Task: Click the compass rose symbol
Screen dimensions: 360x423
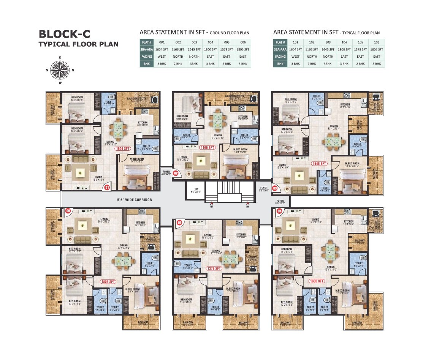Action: [x=60, y=70]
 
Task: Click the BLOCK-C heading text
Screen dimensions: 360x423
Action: [x=65, y=34]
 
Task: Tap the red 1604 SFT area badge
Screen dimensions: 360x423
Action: [x=123, y=149]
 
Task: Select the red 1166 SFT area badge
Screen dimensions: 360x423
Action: [x=208, y=147]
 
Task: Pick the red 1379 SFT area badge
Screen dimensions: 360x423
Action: [x=214, y=268]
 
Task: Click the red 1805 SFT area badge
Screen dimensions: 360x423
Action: [x=108, y=282]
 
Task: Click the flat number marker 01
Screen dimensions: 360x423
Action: [x=107, y=187]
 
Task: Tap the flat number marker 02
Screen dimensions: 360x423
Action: [x=176, y=173]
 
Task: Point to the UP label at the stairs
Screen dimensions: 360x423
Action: [x=212, y=207]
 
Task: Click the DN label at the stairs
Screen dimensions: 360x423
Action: [x=248, y=207]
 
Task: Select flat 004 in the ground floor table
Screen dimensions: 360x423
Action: [x=210, y=43]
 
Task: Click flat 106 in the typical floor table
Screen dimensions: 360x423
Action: [x=376, y=43]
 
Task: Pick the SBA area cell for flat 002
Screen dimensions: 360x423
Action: [x=178, y=49]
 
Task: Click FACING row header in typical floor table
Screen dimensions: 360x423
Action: [x=280, y=57]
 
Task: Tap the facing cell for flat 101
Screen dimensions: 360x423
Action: [x=295, y=57]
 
